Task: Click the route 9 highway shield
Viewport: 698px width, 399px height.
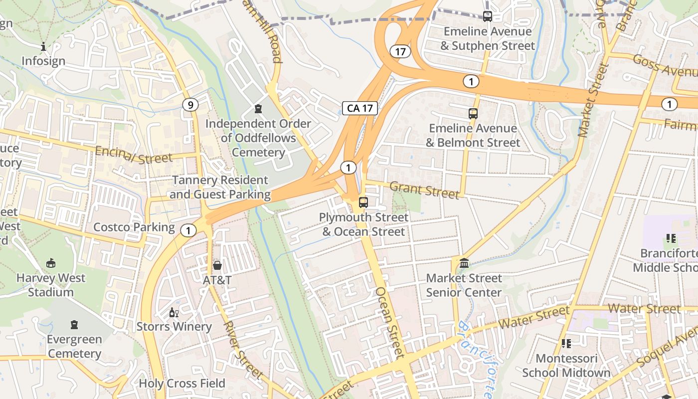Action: pos(190,105)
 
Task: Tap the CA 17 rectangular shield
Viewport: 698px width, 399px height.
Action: pos(360,108)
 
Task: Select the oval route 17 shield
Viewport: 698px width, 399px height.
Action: pos(400,51)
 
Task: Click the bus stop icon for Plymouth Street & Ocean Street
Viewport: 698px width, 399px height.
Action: pos(363,202)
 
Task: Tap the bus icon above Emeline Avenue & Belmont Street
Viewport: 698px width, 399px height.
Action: pos(473,114)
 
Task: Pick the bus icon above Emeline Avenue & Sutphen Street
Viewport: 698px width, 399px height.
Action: pos(488,16)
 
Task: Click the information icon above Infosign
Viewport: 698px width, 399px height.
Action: pos(43,47)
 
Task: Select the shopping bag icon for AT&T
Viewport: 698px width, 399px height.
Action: pos(217,265)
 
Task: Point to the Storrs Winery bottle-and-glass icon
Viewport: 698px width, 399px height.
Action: pos(174,313)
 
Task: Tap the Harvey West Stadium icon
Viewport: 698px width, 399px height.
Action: pos(50,263)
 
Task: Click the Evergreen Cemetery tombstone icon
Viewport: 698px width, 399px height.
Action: pos(74,325)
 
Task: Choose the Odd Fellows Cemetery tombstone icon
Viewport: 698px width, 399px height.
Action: pos(258,108)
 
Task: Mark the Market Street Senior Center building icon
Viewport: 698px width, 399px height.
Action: pos(464,263)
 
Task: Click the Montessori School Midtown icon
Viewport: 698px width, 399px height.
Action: pos(566,343)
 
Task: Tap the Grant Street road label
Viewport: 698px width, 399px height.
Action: pos(424,190)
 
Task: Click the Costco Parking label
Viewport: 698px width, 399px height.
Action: pos(134,227)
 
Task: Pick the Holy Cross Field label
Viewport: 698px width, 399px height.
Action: pos(182,384)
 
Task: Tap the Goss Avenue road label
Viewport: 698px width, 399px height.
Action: pos(664,66)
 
